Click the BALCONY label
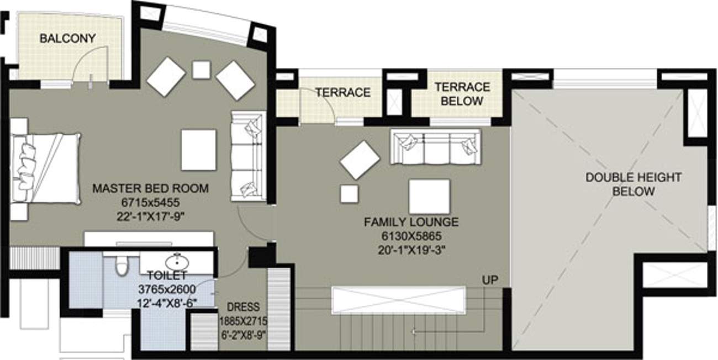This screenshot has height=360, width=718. click(67, 39)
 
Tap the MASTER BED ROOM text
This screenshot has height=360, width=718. click(150, 189)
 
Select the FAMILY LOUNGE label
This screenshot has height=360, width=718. click(411, 223)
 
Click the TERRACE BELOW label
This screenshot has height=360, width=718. click(462, 94)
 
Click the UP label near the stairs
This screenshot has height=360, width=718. click(490, 280)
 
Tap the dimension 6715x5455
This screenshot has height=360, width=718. click(150, 203)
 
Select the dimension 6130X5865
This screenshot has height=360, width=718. click(411, 236)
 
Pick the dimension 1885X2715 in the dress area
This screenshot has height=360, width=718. click(243, 320)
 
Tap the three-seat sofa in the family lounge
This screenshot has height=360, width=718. click(435, 146)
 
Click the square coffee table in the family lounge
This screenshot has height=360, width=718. click(429, 196)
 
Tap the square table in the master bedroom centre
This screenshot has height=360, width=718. click(198, 150)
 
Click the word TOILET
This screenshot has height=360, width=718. click(167, 274)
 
